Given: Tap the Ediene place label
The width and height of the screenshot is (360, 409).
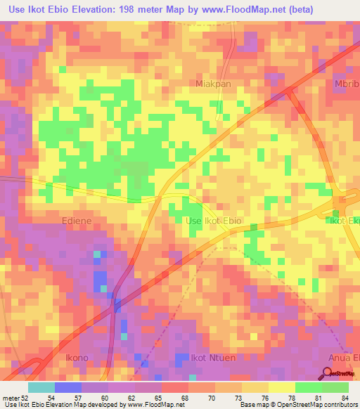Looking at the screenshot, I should pos(77,220).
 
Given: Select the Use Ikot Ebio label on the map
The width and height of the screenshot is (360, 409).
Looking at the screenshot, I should pos(213,221).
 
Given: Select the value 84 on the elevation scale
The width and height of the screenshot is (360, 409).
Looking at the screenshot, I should pos(344,397).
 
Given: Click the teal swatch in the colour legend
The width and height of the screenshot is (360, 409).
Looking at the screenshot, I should pos(41,387).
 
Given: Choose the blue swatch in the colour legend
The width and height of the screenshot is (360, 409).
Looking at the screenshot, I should pos(67,387).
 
